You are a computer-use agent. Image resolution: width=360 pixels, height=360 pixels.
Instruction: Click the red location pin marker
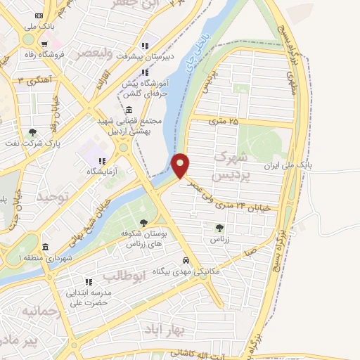click(181, 165)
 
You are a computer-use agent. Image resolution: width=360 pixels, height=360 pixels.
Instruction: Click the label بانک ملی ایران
click(285, 165)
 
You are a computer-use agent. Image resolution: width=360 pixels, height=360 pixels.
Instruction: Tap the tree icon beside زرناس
click(220, 228)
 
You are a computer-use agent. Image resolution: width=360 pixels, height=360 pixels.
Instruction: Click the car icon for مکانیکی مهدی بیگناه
click(186, 258)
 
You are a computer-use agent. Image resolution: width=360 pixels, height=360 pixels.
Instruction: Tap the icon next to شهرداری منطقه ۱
click(46, 247)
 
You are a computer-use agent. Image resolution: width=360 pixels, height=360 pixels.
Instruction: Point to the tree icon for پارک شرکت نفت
click(32, 132)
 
